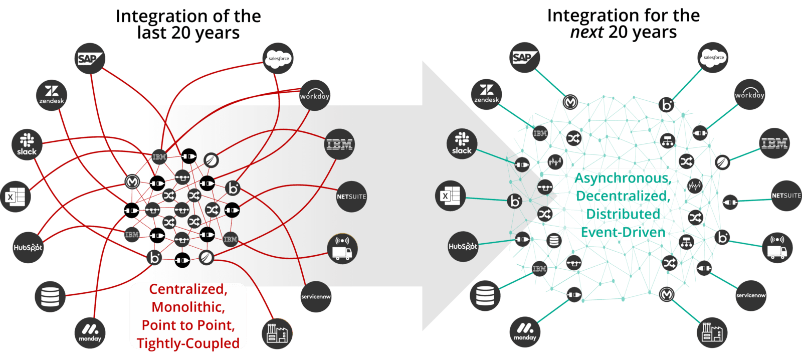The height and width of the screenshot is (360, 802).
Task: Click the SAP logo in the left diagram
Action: pos(90,59)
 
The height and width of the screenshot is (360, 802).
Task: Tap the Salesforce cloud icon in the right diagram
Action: pos(713,58)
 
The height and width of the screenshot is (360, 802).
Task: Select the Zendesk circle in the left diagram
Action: pos(52,95)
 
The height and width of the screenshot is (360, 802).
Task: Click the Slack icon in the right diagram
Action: pos(462,143)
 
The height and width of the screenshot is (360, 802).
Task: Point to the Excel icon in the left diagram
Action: pos(16,197)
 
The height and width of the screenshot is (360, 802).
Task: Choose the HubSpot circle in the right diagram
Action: pos(463,246)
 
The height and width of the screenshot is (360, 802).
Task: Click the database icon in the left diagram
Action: pos(50,296)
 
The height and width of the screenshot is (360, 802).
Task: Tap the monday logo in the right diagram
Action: pos(525,331)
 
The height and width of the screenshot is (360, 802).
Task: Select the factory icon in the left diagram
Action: pos(277,333)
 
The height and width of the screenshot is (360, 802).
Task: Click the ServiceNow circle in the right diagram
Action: pos(751,295)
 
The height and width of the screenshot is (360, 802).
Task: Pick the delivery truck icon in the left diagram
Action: pos(342,248)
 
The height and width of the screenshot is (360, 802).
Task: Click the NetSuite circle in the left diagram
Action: pos(351,197)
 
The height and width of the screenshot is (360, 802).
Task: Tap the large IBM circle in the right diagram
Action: pos(774,143)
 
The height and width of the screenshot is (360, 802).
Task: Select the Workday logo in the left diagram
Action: pos(315,95)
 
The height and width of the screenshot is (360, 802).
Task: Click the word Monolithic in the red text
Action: pos(188,307)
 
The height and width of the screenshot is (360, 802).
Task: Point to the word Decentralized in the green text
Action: pos(623,196)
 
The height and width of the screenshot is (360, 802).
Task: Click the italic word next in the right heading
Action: pos(586,33)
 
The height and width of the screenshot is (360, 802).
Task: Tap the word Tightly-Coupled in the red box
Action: pos(188,343)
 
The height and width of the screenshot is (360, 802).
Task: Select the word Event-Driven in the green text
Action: pos(623,232)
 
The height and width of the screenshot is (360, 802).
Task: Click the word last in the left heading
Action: pos(152,33)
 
